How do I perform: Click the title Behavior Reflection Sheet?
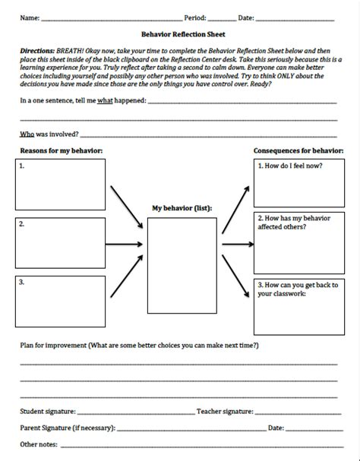click(179, 34)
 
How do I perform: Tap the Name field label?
click(30, 17)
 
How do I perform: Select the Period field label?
click(195, 17)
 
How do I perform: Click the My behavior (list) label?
click(182, 207)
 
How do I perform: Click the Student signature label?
click(49, 411)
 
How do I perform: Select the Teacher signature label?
click(225, 411)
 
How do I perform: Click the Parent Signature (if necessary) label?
click(68, 428)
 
